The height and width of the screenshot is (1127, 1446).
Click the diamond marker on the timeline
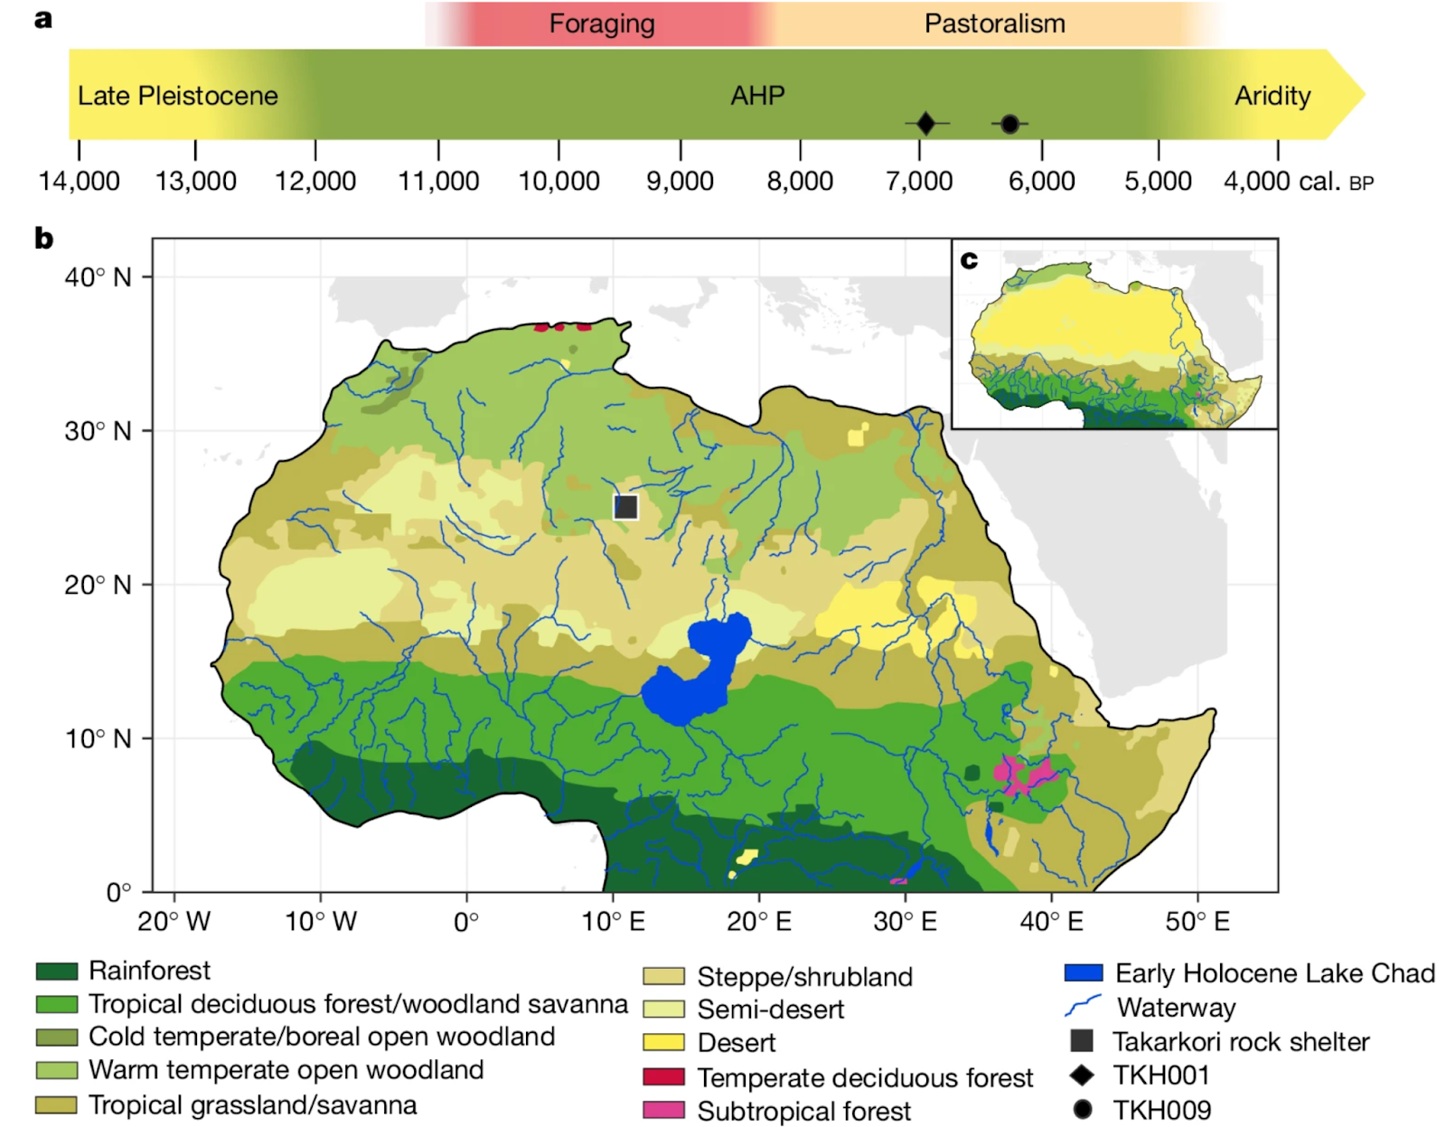[x=925, y=123]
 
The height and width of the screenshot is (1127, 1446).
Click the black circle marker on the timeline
[x=1009, y=124]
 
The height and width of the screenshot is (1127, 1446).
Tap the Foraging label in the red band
[x=602, y=23]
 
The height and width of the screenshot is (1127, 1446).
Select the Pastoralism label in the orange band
[x=994, y=23]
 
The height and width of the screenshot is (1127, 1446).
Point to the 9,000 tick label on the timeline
[x=680, y=181]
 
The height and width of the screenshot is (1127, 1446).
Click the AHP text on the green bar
[x=757, y=95]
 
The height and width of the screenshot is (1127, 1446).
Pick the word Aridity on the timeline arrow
[x=1272, y=95]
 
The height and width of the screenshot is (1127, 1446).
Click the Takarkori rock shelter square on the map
[x=625, y=507]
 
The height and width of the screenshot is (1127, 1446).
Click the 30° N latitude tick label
[x=98, y=431]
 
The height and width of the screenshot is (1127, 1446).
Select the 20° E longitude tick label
[x=758, y=922]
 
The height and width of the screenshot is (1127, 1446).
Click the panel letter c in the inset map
[x=969, y=260]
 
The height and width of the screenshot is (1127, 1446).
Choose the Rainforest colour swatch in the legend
[x=56, y=972]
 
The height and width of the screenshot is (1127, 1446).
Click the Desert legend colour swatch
[x=663, y=1042]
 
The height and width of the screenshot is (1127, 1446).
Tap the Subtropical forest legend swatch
[x=663, y=1111]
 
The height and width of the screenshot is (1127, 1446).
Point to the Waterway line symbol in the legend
[x=1083, y=1006]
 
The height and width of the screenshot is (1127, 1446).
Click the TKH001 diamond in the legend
[x=1082, y=1075]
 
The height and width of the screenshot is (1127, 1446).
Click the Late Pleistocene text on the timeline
[x=177, y=95]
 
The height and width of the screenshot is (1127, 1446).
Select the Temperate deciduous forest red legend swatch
[x=663, y=1077]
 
